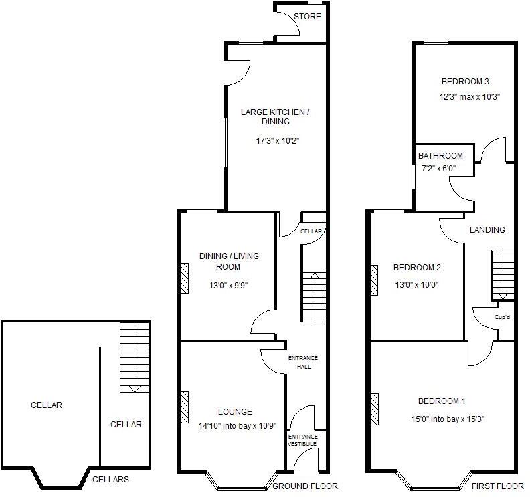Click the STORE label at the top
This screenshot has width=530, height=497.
pos(308,17)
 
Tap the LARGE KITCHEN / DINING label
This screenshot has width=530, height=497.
pos(275,117)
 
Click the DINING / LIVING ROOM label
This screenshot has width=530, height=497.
pos(229,261)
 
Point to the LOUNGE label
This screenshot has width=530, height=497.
pos(235,411)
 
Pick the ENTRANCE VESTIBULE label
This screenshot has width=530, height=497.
pos(302,440)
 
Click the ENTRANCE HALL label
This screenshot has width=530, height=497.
pos(300,362)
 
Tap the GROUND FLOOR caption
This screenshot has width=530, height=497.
pos(305,486)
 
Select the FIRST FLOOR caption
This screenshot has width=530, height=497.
pos(497,486)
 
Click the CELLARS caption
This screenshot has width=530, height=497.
pos(110,480)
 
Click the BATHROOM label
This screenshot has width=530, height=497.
pos(440,156)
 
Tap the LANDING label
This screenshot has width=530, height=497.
pos(487,230)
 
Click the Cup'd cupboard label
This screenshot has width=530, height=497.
pos(502,317)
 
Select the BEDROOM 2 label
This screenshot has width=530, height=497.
pos(417,268)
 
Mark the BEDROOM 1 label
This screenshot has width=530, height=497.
pos(442,401)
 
